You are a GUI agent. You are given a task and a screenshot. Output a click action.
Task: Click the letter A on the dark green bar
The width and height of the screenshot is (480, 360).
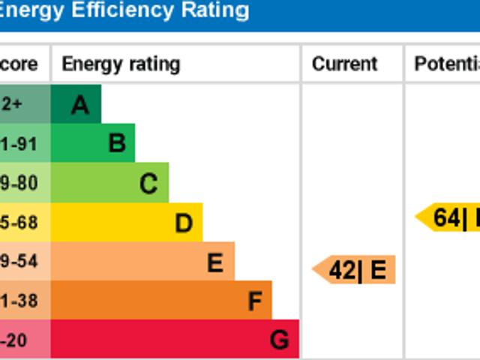(80, 105)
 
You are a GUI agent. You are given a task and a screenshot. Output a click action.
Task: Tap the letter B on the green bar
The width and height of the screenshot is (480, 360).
(116, 142)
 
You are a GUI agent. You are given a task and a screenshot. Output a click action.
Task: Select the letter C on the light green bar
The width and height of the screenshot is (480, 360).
(148, 183)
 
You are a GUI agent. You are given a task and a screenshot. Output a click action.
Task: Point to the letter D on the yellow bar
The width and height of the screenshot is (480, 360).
(184, 223)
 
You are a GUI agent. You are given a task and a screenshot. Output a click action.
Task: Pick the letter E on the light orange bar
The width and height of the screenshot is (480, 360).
(215, 262)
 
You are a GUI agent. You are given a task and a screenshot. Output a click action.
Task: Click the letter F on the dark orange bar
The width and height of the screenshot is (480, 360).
(255, 301)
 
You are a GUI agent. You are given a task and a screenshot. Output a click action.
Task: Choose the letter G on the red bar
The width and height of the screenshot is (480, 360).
(279, 340)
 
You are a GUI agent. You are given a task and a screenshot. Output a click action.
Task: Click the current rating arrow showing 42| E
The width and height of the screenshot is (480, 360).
(354, 270)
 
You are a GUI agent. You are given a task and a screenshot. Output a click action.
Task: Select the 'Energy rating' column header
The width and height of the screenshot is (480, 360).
(121, 64)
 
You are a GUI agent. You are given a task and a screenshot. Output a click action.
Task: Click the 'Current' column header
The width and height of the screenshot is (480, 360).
(345, 64)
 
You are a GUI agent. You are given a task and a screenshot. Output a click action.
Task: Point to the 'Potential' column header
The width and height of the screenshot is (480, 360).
(447, 64)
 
